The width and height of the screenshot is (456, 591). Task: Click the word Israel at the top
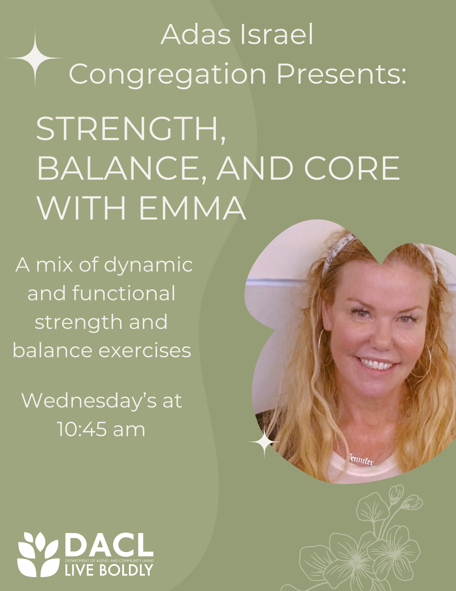(x=277, y=35)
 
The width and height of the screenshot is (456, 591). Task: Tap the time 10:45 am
(x=101, y=429)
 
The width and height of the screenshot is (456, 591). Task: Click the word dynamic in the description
(x=148, y=266)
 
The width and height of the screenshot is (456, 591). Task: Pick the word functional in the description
(x=124, y=293)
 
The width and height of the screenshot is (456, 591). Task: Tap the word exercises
(x=145, y=351)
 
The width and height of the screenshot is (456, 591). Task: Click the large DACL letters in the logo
(x=109, y=545)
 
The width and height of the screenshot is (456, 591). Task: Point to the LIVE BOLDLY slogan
(x=109, y=570)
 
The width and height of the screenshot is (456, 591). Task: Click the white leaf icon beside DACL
(x=37, y=555)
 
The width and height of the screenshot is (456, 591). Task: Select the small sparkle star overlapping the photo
(x=264, y=442)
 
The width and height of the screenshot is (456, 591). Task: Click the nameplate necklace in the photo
(x=361, y=459)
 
